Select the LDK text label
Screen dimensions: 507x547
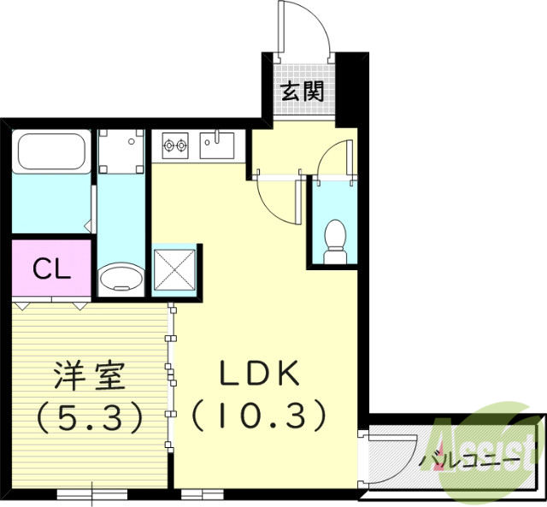(258, 374)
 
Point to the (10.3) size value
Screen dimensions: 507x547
(258, 416)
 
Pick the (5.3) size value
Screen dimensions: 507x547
(89, 416)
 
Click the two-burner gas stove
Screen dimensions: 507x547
(174, 146)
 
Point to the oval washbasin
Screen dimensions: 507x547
(122, 279)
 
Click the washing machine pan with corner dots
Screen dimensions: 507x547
(121, 150)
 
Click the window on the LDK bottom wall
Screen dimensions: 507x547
(203, 493)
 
